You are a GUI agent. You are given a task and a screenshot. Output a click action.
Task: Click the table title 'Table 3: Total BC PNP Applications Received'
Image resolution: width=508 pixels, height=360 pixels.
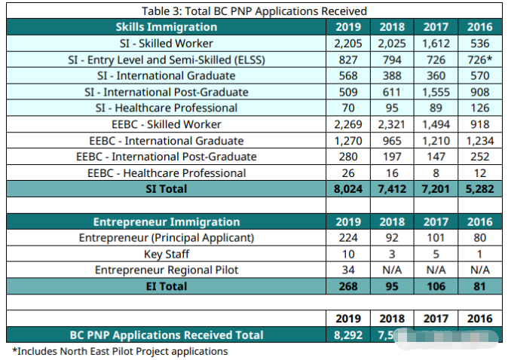(254, 11)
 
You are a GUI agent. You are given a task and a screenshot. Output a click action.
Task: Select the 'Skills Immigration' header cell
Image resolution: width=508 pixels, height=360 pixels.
(166, 27)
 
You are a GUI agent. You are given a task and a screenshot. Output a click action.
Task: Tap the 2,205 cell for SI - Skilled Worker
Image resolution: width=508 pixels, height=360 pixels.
(347, 43)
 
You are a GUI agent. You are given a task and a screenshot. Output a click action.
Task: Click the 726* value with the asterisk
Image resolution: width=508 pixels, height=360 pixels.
(480, 59)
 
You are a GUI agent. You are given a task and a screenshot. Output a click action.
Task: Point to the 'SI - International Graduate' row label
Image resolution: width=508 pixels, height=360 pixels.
(166, 75)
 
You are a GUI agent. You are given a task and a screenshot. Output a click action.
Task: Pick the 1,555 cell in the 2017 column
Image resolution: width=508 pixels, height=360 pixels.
(436, 92)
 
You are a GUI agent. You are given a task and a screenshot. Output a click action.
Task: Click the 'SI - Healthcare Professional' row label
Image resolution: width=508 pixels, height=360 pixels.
(166, 108)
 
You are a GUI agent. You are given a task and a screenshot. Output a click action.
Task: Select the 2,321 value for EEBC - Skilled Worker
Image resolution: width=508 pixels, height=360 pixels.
(392, 124)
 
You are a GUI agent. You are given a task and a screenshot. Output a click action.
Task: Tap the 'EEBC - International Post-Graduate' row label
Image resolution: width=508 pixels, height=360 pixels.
(166, 157)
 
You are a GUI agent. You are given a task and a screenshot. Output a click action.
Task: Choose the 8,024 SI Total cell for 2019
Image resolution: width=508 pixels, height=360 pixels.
(347, 189)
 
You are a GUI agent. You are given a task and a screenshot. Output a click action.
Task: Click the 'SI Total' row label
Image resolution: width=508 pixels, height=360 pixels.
(166, 189)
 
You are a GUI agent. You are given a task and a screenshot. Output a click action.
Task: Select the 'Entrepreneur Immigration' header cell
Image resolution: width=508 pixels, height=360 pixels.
(166, 221)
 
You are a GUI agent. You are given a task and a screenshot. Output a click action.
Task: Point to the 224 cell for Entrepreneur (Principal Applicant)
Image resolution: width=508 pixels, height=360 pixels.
(347, 238)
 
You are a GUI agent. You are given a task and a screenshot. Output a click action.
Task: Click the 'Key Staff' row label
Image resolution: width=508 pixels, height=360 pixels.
(166, 254)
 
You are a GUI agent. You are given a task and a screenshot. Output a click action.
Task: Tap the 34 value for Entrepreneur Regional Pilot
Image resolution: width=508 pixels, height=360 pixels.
(347, 270)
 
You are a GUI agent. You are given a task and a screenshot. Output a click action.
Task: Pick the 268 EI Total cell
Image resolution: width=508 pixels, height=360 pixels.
(347, 286)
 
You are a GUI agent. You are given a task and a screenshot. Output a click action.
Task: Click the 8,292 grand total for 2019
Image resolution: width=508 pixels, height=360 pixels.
(347, 335)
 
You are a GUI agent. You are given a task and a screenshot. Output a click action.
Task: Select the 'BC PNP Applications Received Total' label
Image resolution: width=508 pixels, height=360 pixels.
(166, 335)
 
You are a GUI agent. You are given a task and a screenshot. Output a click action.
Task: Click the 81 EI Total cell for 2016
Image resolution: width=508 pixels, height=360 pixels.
(480, 286)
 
